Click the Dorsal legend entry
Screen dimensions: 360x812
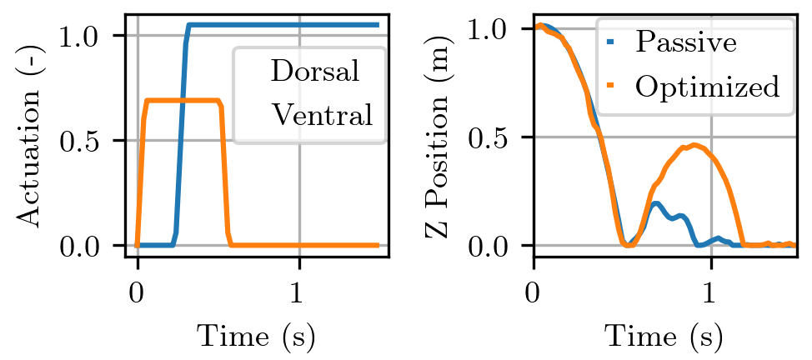[x=315, y=72]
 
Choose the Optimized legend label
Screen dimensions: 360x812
[x=707, y=86]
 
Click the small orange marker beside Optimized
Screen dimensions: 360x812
[x=609, y=86]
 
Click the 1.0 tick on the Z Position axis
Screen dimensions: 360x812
[x=494, y=28]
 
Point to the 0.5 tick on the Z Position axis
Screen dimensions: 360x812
[x=494, y=137]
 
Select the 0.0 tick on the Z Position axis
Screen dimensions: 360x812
[x=494, y=246]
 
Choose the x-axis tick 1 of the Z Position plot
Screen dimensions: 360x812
[x=710, y=297]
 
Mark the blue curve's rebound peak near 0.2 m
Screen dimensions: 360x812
[x=656, y=202]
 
